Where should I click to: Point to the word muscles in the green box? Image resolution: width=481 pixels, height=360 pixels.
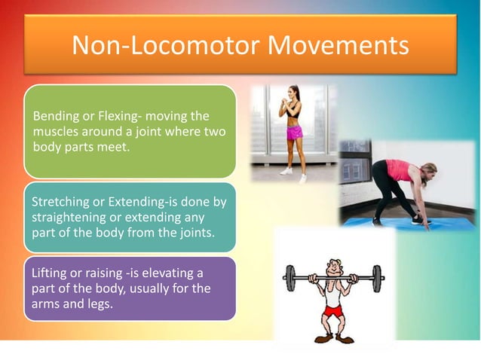54,132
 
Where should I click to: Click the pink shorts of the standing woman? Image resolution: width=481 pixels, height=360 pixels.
294,132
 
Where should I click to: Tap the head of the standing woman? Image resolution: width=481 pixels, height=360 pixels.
291,94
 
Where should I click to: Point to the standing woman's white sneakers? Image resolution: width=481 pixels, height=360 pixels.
293,173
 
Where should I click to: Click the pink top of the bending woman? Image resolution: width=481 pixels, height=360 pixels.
399,169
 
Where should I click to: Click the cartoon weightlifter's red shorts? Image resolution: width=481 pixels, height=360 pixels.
332,310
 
